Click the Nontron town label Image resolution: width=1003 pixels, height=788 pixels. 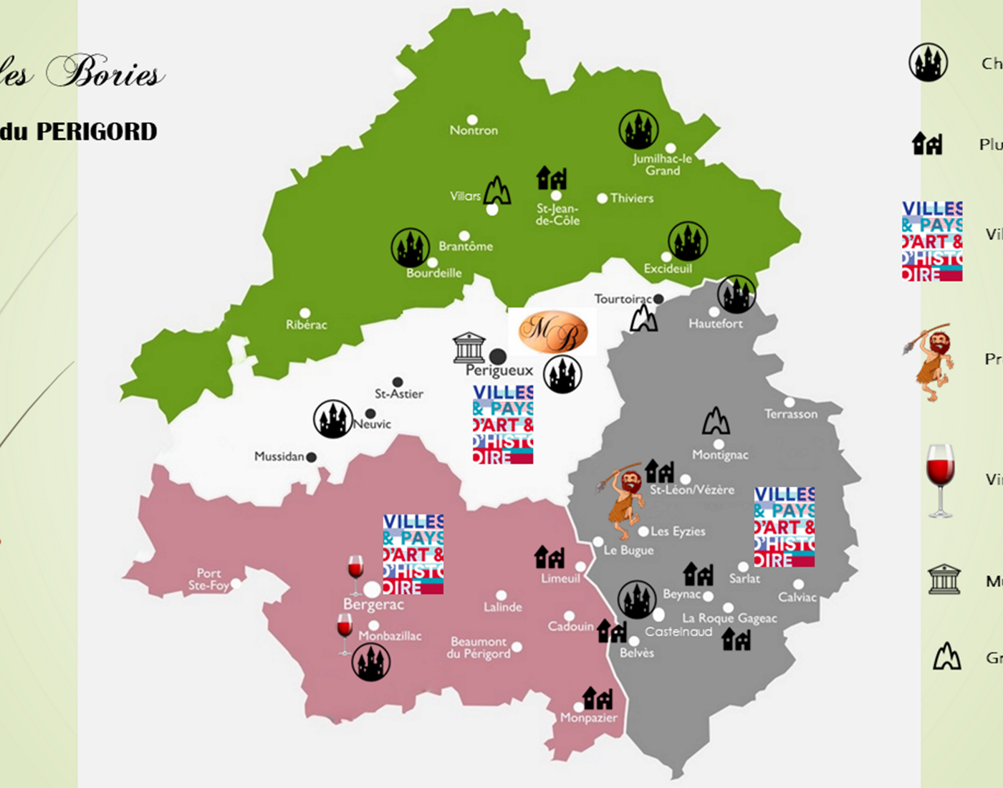[x=474, y=130]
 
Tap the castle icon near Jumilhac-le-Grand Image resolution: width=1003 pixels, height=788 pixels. [x=638, y=130]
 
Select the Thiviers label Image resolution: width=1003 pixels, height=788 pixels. [x=631, y=198]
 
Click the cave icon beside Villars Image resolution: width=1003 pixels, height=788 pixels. [x=497, y=191]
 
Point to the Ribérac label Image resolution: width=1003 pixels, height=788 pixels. [x=307, y=325]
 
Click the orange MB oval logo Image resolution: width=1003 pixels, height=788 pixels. [x=552, y=332]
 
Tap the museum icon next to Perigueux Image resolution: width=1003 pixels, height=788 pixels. [x=469, y=347]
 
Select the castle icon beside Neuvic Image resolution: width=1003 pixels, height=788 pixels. [x=333, y=419]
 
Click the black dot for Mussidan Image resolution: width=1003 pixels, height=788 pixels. [x=312, y=457]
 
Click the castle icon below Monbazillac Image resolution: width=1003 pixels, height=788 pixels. [x=371, y=661]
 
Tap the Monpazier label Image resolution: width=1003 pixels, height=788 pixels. [x=589, y=718]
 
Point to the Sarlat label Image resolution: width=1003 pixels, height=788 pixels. [x=744, y=579]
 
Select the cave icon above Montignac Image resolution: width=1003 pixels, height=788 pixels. [x=716, y=421]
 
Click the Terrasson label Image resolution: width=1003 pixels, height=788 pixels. [x=791, y=414]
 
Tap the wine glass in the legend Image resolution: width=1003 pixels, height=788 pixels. [x=940, y=479]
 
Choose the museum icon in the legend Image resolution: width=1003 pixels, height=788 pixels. [x=944, y=579]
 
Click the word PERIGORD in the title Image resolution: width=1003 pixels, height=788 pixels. [x=97, y=132]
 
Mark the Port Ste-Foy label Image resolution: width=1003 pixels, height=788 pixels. [x=208, y=580]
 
